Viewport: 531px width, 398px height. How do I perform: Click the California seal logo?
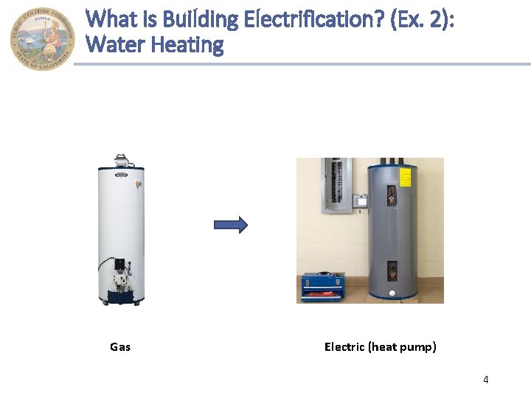42,39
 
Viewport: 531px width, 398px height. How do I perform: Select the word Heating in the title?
187,46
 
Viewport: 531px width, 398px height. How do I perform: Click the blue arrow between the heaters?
231,226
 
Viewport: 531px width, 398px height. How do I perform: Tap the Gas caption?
120,346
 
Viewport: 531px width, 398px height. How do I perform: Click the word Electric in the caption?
344,346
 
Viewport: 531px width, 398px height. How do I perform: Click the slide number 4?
485,380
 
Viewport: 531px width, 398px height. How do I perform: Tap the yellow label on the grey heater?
404,177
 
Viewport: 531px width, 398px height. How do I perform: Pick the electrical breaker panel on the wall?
335,185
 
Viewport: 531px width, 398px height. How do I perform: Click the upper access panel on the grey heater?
390,195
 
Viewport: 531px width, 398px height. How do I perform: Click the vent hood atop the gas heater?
121,160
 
